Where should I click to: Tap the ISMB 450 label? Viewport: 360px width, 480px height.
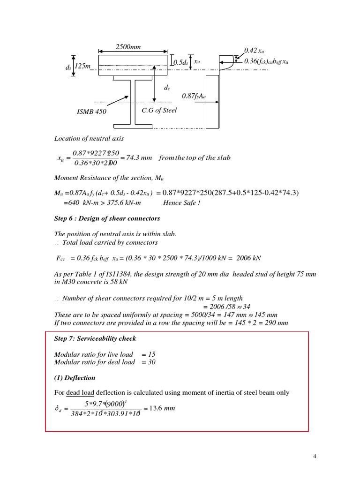coord(91,112)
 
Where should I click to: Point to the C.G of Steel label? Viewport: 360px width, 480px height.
coord(159,111)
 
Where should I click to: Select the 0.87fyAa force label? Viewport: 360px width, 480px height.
coord(194,96)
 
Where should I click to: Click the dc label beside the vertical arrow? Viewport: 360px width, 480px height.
coord(166,88)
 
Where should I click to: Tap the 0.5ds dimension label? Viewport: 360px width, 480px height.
coord(180,62)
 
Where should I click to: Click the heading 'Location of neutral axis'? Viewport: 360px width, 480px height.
coord(89,138)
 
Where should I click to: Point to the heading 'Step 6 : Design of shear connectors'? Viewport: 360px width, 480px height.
coord(107,218)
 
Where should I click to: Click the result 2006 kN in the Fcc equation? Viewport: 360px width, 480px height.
coord(249,258)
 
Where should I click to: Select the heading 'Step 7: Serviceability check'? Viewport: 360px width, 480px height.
coord(95,338)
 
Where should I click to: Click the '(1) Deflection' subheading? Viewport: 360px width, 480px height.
coord(75,377)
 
